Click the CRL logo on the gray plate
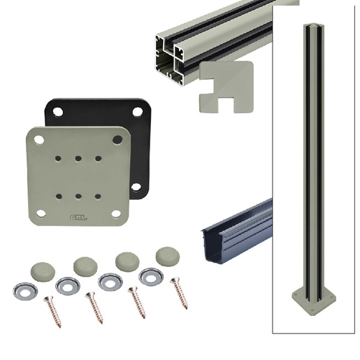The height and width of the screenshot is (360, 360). pyautogui.click(x=78, y=217)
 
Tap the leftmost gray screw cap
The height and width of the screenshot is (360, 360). pyautogui.click(x=43, y=272)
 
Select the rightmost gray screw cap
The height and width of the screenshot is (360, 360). pyautogui.click(x=168, y=257)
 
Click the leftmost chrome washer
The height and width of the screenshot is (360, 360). pyautogui.click(x=25, y=291)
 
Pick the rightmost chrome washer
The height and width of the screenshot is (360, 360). pyautogui.click(x=151, y=277)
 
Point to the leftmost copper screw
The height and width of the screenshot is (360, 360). pyautogui.click(x=52, y=312)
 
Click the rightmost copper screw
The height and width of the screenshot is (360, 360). pyautogui.click(x=179, y=293)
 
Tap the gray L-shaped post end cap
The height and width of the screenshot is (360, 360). pyautogui.click(x=226, y=87)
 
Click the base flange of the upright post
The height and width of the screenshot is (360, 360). pyautogui.click(x=314, y=303)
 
